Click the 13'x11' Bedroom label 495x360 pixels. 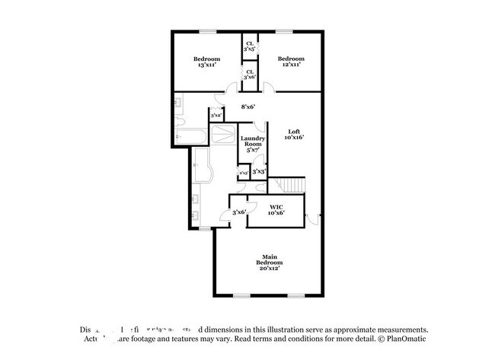[x=206, y=62]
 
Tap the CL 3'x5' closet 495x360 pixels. [x=248, y=46]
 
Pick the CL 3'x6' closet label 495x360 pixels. [x=248, y=75]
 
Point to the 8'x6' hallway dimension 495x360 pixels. [x=248, y=107]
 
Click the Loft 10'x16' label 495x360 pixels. [x=294, y=134]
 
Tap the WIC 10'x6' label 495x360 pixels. [x=276, y=210]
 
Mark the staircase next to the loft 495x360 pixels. [x=289, y=184]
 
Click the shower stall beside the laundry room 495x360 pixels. [x=223, y=135]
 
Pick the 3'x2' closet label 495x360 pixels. [x=216, y=116]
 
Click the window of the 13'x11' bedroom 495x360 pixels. [x=206, y=31]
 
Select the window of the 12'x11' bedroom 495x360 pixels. [x=284, y=31]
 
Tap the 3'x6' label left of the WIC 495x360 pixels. [x=239, y=212]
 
